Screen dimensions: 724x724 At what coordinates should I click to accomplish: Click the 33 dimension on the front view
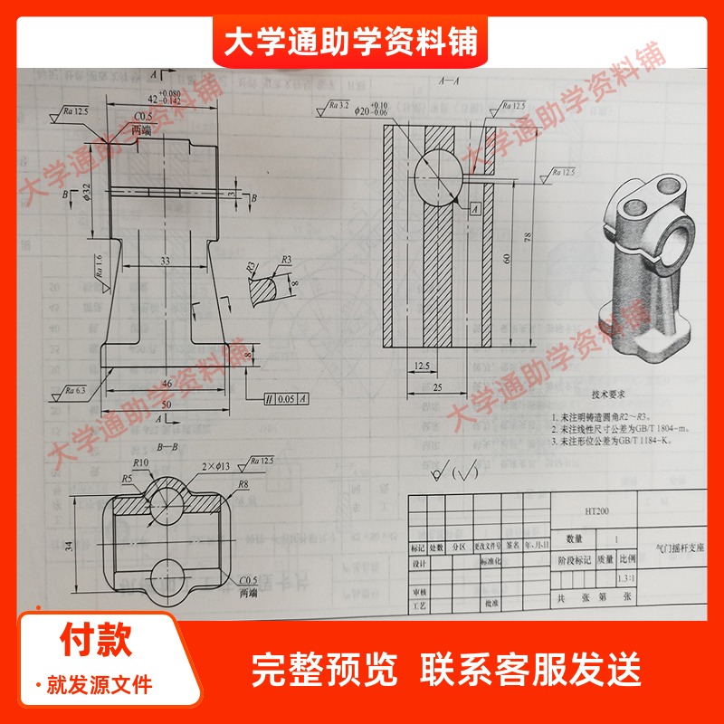pos(165,260)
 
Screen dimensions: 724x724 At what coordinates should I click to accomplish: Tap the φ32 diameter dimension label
pos(87,194)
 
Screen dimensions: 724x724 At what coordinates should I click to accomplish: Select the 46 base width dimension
pos(166,384)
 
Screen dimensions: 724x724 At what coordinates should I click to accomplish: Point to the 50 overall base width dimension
pos(166,403)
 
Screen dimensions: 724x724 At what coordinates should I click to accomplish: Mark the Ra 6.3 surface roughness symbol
pos(76,391)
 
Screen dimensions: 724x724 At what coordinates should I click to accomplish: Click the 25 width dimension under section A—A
pos(437,388)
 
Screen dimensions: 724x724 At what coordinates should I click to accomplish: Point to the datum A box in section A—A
pos(474,208)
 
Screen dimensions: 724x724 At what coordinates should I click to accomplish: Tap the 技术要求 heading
pos(607,395)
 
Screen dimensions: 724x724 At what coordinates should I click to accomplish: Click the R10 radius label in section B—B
pos(141,462)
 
